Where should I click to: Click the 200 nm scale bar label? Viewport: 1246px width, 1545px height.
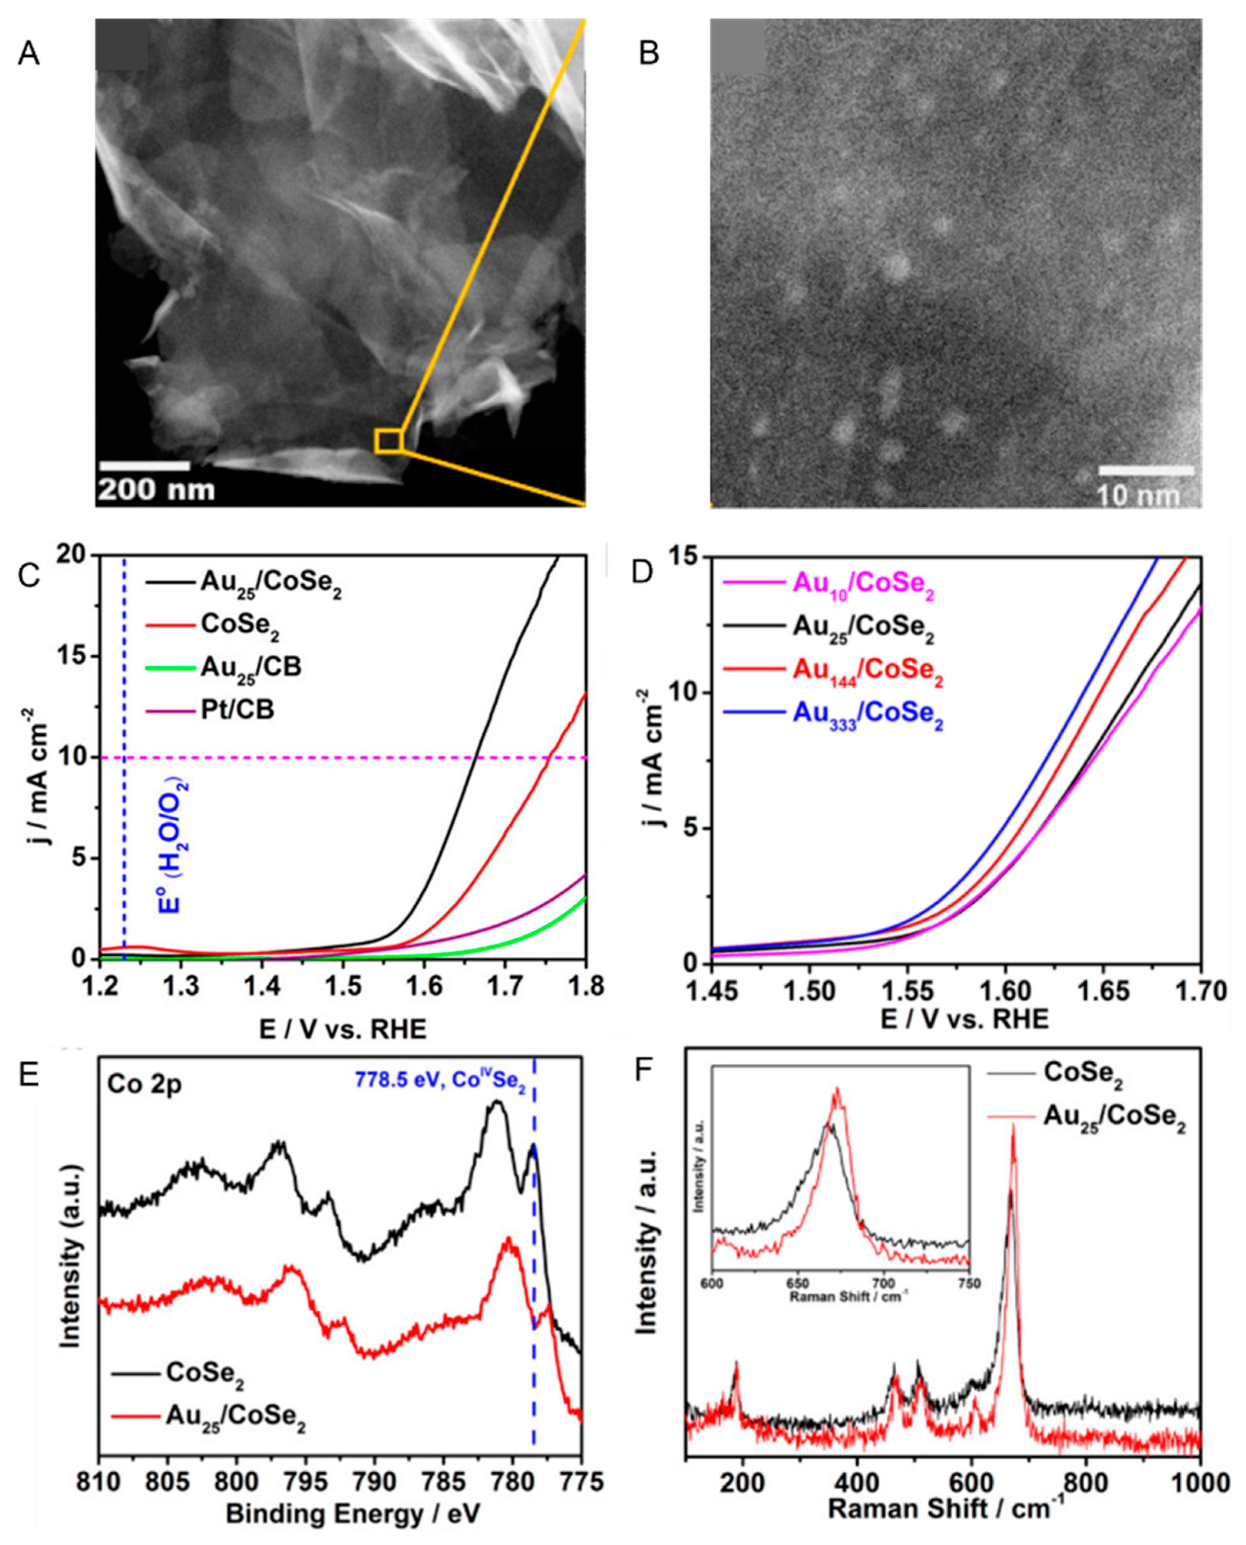point(156,490)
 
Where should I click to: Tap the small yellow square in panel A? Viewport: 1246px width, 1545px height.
point(388,441)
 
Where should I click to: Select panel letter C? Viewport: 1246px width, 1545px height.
point(29,576)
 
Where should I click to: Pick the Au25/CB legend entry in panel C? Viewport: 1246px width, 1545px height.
point(251,667)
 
